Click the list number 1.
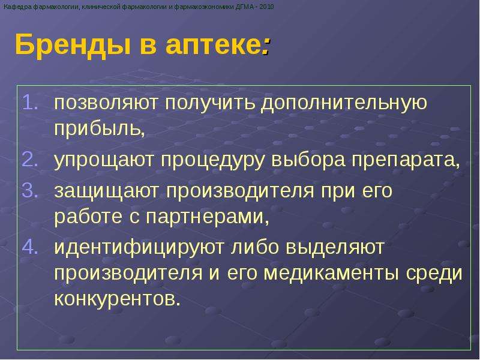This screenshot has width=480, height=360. tap(31, 102)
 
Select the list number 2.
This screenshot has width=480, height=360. tap(31, 159)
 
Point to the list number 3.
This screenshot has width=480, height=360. tap(31, 190)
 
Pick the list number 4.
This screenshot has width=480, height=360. tap(31, 247)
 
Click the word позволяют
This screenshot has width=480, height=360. tap(106, 103)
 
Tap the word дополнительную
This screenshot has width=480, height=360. tap(343, 104)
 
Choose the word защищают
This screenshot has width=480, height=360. tap(107, 191)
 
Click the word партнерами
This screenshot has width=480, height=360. tap(207, 218)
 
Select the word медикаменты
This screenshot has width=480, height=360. tap(331, 273)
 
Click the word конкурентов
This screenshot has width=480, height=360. tap(117, 298)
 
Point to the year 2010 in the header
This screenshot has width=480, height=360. tap(266, 7)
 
